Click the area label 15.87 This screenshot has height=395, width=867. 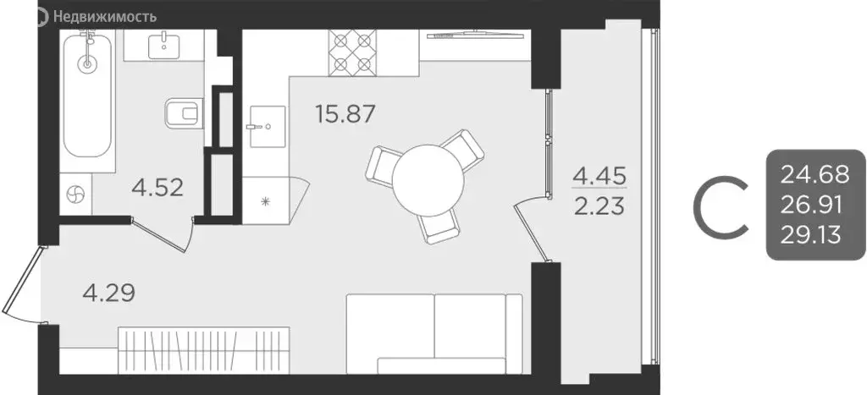[345, 113]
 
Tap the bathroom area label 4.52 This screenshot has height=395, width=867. [158, 187]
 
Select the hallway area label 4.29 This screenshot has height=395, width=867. [108, 294]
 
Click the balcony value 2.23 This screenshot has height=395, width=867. [602, 206]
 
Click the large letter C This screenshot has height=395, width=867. [721, 206]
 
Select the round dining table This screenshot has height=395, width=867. [428, 178]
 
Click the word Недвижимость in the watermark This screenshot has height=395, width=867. [105, 15]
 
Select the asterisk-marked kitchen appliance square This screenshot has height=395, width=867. [266, 200]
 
